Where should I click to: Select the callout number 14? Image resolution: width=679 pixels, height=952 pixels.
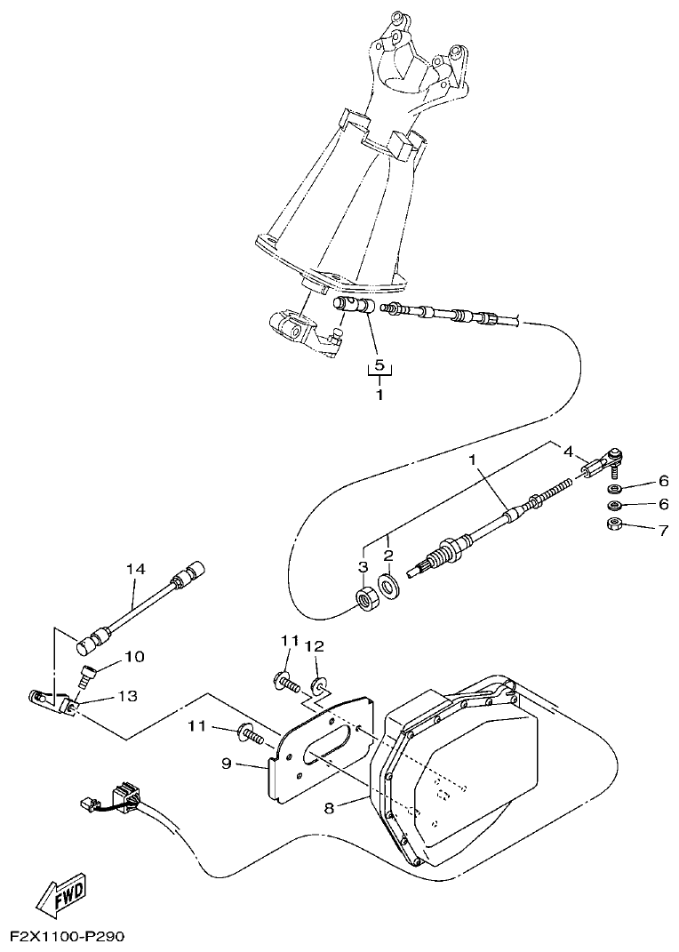(x=134, y=569)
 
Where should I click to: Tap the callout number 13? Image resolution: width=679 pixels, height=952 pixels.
(x=128, y=698)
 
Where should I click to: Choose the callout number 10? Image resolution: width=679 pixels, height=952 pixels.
(x=133, y=658)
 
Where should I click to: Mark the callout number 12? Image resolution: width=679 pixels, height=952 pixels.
(x=315, y=645)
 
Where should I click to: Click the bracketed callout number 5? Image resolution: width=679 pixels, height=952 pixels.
(x=379, y=365)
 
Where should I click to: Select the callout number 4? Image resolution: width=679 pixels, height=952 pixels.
(x=568, y=451)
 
